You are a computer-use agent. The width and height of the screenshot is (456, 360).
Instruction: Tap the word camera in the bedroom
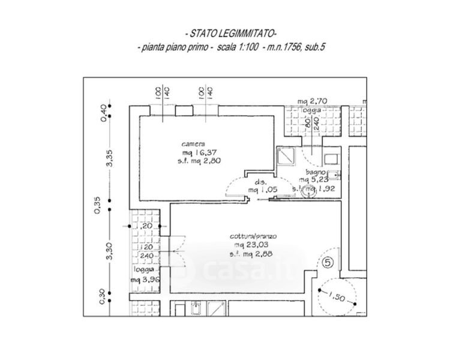tap(195, 145)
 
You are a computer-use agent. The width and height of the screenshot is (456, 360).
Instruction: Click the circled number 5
tap(327, 262)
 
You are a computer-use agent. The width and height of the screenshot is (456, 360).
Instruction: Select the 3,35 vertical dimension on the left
tap(109, 158)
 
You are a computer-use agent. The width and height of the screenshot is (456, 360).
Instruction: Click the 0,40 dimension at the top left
tap(103, 113)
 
